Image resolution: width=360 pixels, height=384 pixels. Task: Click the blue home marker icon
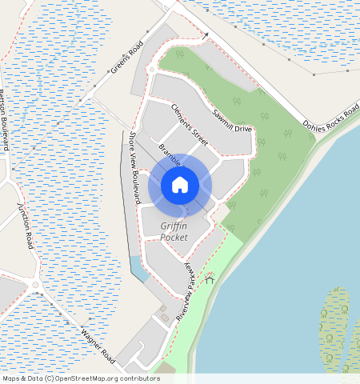tap(180, 185)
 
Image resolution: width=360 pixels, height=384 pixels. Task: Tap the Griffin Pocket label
tap(174, 232)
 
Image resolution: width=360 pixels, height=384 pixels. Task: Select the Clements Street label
tap(189, 124)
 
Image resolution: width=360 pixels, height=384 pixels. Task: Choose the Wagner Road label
tap(98, 344)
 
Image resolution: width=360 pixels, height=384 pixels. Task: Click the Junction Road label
tap(26, 226)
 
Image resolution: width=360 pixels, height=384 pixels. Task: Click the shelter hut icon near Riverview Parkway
tap(210, 279)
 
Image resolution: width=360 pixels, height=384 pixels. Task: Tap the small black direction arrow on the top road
tap(206, 36)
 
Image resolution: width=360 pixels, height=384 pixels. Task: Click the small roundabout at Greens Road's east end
tap(151, 70)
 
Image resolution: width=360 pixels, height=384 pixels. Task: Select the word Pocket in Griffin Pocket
tap(174, 238)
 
